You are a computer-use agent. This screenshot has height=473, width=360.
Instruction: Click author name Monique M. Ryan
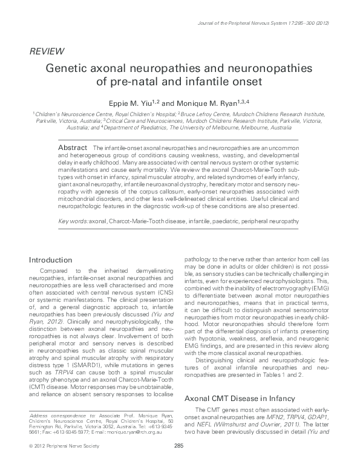209,102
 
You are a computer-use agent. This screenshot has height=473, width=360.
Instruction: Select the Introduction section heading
54,260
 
